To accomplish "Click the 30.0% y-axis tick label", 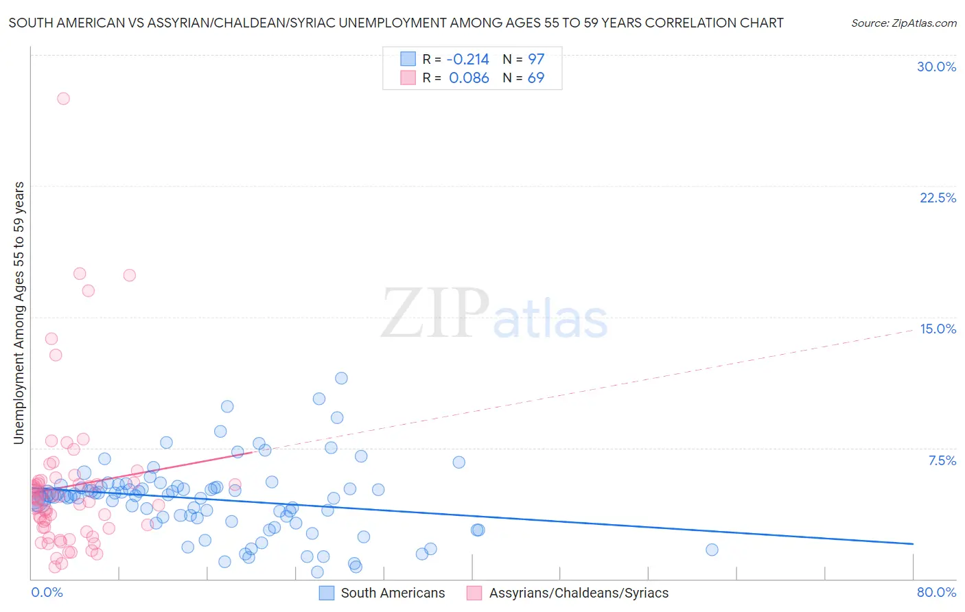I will (x=936, y=67).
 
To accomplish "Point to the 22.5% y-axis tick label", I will (x=938, y=198).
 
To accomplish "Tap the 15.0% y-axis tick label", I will (x=938, y=329).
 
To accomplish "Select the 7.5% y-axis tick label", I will (x=942, y=460).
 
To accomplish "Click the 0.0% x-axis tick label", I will (x=47, y=592).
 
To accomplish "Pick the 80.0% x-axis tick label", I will (x=936, y=592).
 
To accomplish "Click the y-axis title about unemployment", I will (x=19, y=312).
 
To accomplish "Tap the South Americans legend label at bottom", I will (x=393, y=593).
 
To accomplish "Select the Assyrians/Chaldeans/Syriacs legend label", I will (x=579, y=593).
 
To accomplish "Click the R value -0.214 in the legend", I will (x=467, y=59).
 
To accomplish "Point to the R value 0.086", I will (x=469, y=78).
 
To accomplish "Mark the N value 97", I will (x=536, y=59).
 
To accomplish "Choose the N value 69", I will (x=536, y=78).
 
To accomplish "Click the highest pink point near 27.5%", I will (x=63, y=98).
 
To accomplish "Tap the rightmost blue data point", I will (x=712, y=550).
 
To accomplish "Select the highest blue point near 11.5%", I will (x=341, y=378).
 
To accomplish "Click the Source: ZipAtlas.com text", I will (x=903, y=23).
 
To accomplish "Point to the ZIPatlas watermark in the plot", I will (x=494, y=314).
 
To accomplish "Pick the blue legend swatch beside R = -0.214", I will (x=408, y=59).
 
